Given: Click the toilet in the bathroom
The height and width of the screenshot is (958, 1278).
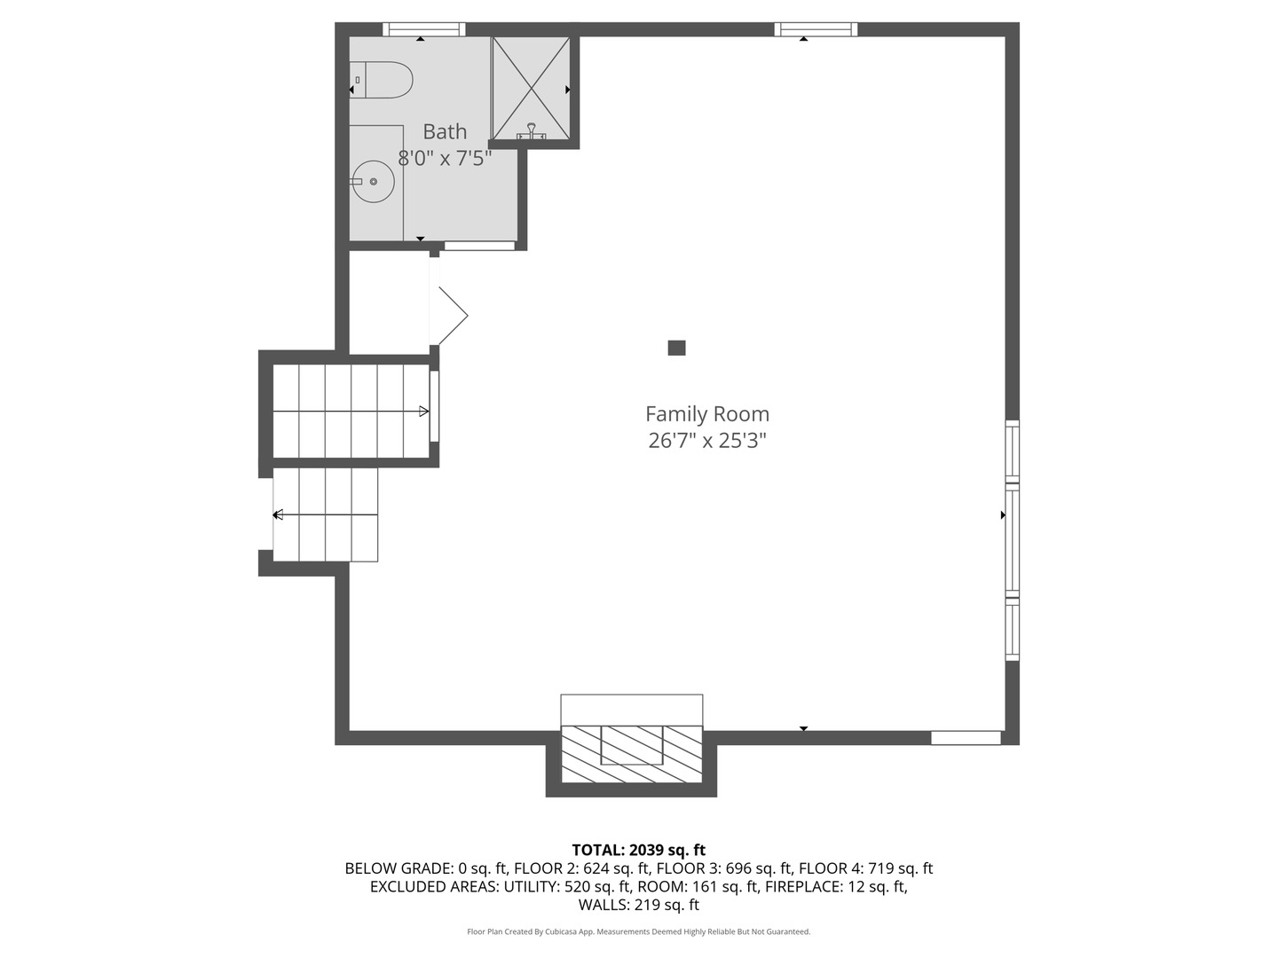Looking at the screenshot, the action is pos(381,80).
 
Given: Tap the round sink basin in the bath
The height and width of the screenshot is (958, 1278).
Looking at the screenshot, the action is pos(374,182).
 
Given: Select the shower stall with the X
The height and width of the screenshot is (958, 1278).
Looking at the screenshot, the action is pos(531,89).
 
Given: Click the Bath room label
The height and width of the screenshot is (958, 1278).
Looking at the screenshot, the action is pos(445,131).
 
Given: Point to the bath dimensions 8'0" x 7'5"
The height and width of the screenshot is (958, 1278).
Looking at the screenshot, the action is pos(445,158).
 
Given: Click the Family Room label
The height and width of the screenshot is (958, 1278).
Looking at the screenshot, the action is pos(706,414).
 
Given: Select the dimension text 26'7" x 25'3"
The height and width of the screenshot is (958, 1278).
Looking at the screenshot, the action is pos(706,441).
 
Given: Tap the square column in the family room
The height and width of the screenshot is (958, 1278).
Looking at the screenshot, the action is pos(676,348).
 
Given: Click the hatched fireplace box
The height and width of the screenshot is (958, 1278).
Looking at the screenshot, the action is pos(631,754).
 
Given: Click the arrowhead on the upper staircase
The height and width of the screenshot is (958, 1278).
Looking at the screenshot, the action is pos(424,412).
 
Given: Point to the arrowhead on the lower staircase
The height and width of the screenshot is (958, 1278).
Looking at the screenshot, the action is pos(279,514).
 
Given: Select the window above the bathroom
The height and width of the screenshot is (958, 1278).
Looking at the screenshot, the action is pos(424,29).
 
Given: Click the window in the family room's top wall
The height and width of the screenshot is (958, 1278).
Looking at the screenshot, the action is pos(816,29).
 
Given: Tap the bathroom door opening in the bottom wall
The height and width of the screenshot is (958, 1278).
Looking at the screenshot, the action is pos(479,246).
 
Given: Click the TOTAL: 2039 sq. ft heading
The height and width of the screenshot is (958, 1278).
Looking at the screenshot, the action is pos(639,850).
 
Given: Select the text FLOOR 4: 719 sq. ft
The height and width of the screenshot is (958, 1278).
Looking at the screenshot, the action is pos(866,868).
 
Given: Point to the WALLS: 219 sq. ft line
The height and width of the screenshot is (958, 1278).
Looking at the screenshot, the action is pos(639,905).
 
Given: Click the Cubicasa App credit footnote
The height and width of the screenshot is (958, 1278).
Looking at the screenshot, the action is pos(639,931).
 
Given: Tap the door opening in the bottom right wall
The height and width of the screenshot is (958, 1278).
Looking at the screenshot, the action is pos(966,738).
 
